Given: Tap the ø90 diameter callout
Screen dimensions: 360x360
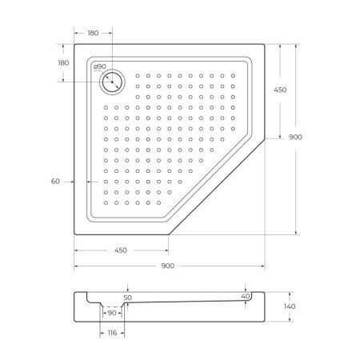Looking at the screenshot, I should coord(100,66).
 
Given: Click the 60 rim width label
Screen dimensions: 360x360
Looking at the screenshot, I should coord(55,182).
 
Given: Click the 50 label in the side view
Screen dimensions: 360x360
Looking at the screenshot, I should coord(127,297).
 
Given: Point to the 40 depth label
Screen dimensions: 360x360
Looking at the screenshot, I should coord(246,296).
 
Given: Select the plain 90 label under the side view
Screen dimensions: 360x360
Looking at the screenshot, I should coord(112,313).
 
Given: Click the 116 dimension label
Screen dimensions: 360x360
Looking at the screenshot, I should coord(112,332).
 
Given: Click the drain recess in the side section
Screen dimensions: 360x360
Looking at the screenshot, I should coord(112,307).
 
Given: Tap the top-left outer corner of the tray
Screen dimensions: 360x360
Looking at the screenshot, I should coord(75,43).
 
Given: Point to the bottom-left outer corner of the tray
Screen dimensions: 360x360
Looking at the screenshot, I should coord(75,234).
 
